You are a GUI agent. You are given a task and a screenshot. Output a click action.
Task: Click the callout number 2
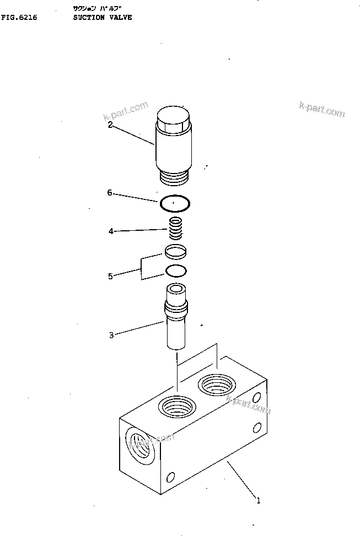(x=110, y=125)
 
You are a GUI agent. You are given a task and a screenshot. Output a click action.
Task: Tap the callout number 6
(x=110, y=193)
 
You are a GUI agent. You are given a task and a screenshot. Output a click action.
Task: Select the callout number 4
(x=111, y=231)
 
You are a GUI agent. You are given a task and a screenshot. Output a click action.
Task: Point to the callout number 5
(x=110, y=276)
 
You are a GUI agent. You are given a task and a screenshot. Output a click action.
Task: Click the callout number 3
(x=111, y=335)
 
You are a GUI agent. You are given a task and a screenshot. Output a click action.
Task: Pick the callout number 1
(x=257, y=501)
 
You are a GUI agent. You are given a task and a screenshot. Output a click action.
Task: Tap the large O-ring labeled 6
(x=175, y=204)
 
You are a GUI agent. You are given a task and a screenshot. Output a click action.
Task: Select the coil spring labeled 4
(x=175, y=228)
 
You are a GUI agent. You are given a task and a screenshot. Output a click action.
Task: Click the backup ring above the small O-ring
(x=175, y=252)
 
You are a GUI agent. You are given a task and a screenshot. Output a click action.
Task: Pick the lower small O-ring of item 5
(x=175, y=271)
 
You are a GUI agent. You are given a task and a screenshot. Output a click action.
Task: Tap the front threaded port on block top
(x=176, y=407)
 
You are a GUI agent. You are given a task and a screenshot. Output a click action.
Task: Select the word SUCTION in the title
(x=89, y=18)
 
